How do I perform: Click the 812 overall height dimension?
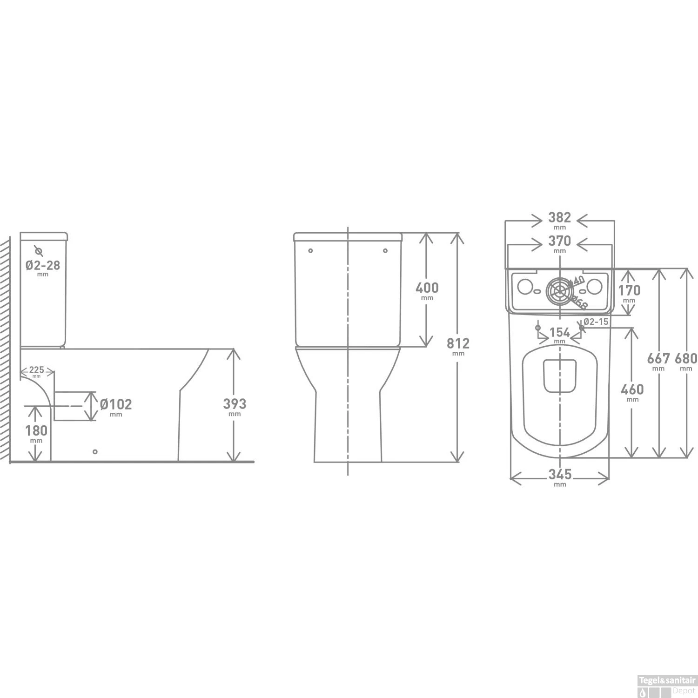click(458, 343)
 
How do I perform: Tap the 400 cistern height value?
click(427, 288)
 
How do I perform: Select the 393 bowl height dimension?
click(235, 404)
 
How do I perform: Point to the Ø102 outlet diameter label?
click(116, 404)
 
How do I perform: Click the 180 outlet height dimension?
click(36, 430)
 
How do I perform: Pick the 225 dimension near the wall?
click(37, 370)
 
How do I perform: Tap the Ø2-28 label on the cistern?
click(43, 265)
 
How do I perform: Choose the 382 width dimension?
click(559, 218)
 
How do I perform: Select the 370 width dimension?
click(559, 242)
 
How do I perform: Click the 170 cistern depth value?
click(629, 290)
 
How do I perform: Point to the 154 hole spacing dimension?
click(559, 332)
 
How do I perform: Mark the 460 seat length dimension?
click(632, 389)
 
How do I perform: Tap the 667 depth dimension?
click(658, 358)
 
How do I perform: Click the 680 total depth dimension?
click(686, 358)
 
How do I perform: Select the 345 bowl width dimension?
click(560, 475)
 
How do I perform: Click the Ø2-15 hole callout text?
click(596, 322)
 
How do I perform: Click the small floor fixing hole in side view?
click(95, 451)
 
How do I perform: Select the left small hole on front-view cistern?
click(310, 251)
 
